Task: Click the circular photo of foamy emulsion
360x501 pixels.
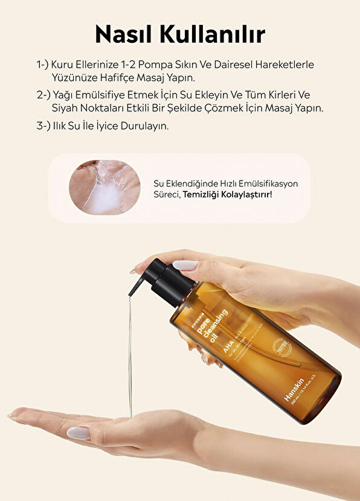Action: point(104,187)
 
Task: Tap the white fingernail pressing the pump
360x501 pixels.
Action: point(185,265)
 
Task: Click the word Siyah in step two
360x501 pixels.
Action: point(65,109)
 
